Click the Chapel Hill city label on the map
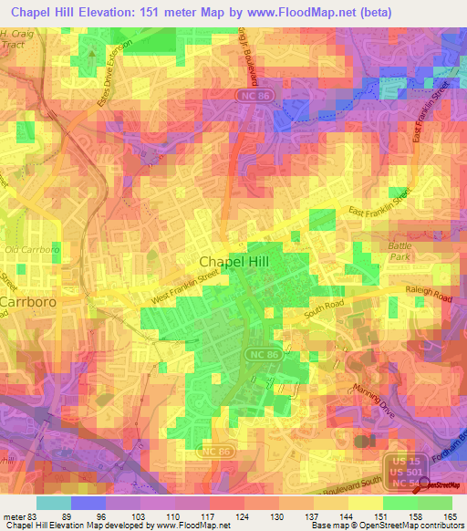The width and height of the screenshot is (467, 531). tap(235, 260)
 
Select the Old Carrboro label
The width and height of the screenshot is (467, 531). tap(24, 249)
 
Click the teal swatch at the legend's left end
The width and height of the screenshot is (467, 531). tap(53, 502)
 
